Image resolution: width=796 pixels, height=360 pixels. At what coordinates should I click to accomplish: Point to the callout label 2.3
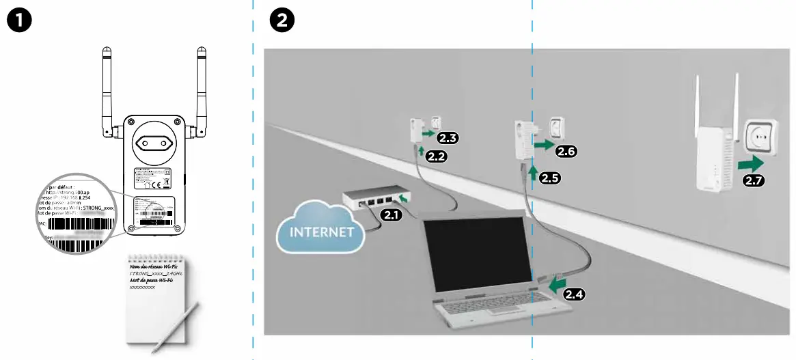pyautogui.click(x=448, y=138)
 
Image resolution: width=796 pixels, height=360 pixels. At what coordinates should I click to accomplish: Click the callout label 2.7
pyautogui.click(x=753, y=180)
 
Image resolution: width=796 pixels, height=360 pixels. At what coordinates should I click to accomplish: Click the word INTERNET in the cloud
pyautogui.click(x=322, y=232)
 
